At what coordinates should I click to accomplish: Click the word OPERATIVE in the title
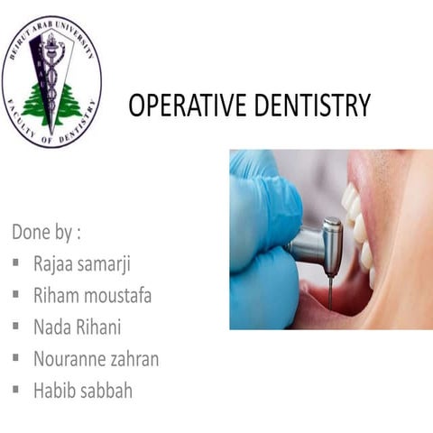click(178, 106)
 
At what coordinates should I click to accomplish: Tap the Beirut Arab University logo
click(51, 82)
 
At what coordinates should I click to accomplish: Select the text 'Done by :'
click(46, 232)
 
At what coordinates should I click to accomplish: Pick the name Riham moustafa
click(92, 295)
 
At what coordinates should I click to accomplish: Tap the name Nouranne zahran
click(96, 358)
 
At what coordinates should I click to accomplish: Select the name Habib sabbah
click(83, 390)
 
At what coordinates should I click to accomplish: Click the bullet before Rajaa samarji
click(17, 264)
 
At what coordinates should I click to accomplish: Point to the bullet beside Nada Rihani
click(17, 327)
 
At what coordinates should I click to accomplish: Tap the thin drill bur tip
click(330, 293)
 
